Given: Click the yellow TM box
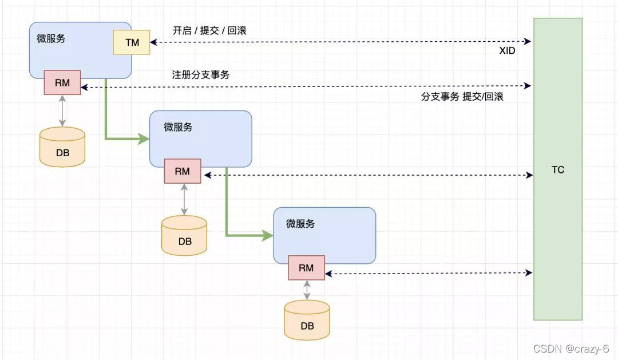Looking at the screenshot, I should tap(132, 42).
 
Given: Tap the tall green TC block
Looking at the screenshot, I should tap(558, 169).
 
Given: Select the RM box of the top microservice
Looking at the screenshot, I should tap(62, 82).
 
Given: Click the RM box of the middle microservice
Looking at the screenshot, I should tap(183, 171).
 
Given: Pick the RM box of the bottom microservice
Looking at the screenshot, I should tap(306, 268).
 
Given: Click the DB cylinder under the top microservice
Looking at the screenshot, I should tap(62, 148).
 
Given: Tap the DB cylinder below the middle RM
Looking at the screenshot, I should tap(184, 236).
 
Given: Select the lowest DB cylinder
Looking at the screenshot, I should tap(307, 321).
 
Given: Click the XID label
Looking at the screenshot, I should tap(507, 51).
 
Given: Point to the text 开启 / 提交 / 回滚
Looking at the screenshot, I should tap(209, 30).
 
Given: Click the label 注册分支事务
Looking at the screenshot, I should tap(201, 74).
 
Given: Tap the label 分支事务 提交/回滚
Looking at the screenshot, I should tap(462, 97).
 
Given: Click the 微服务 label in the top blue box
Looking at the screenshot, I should tap(51, 38).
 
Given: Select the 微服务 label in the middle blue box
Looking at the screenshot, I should tap(178, 127).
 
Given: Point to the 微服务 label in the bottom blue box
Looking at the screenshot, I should tap(300, 224).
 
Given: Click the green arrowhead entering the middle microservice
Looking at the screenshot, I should tap(143, 139).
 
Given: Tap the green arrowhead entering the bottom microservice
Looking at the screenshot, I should tap(267, 235).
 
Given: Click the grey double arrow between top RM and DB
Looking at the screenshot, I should tap(62, 111).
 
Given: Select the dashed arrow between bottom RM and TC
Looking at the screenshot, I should tap(429, 274).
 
